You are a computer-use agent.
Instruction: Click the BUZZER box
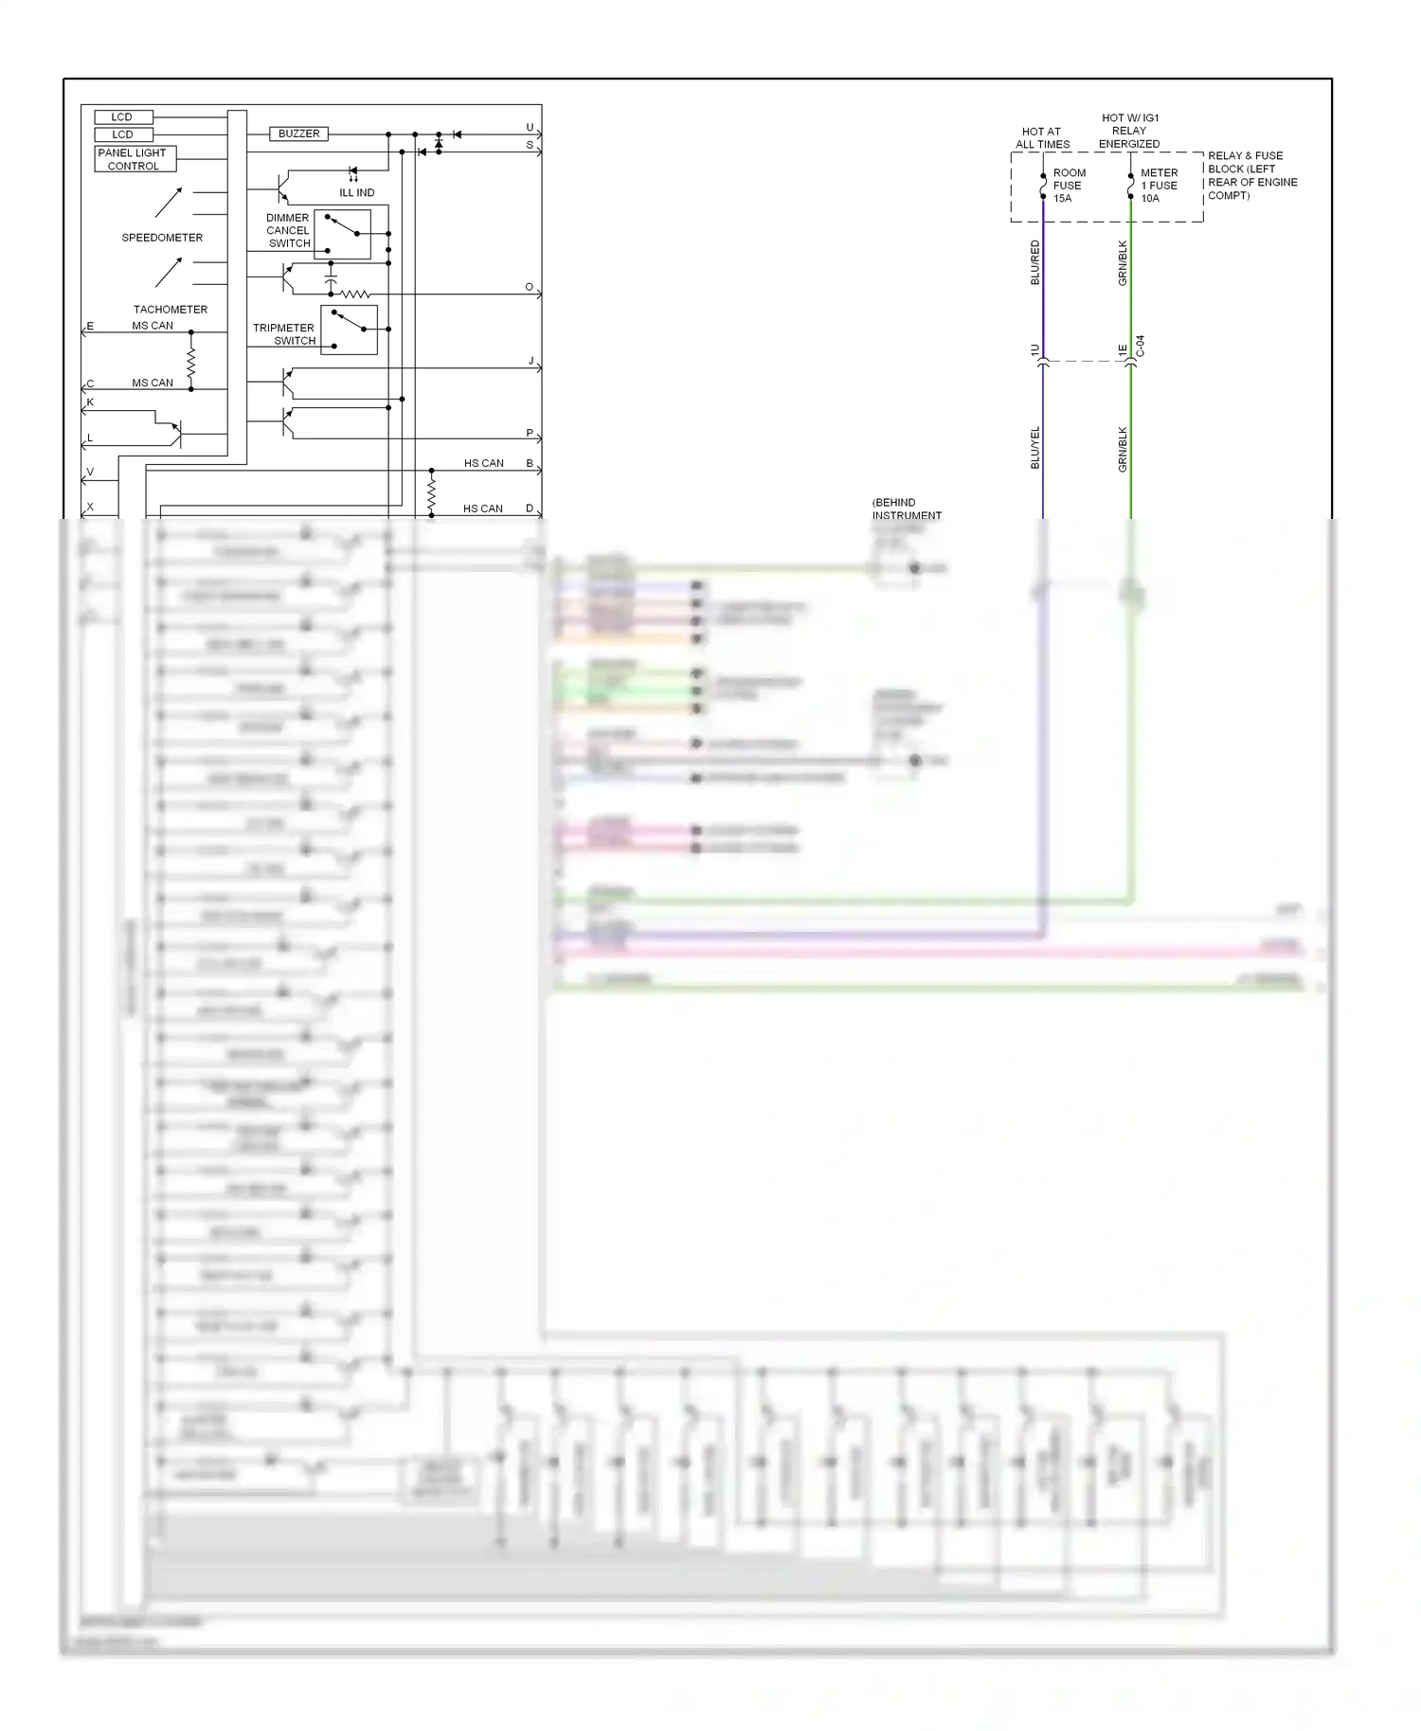[298, 134]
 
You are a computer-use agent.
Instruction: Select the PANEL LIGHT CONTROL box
[134, 159]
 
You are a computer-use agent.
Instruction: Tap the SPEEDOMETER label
[162, 238]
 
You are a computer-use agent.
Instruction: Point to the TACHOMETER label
[171, 310]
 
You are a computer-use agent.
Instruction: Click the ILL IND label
[357, 193]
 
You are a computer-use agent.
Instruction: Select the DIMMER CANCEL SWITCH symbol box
[342, 234]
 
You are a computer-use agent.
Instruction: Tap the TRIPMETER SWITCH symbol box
[349, 330]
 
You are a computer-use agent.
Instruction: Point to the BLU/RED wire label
[1034, 262]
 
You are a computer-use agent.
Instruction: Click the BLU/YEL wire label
[1034, 447]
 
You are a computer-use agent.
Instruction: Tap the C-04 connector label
[1141, 347]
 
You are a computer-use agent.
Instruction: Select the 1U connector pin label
[1034, 350]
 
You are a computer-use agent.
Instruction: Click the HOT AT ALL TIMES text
[1042, 138]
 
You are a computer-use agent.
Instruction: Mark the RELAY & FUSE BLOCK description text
[1251, 175]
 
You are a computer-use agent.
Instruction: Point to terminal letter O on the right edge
[530, 287]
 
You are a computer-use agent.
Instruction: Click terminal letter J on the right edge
[531, 361]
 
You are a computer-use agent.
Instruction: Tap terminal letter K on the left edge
[90, 402]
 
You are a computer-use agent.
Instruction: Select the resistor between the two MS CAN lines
[191, 361]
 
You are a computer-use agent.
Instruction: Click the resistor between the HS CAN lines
[432, 492]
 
